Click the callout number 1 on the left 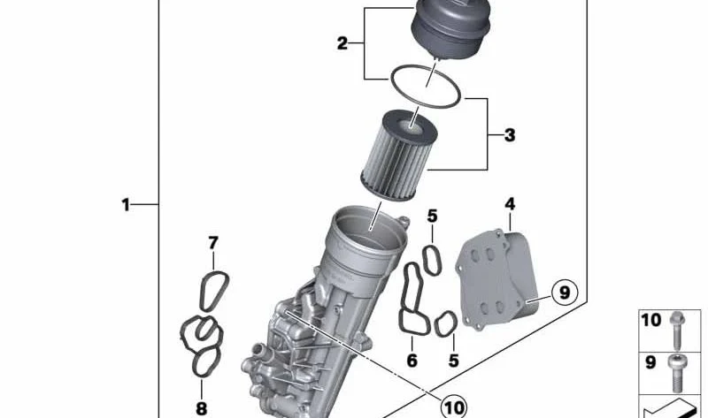coord(125,205)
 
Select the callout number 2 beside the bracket coord(342,43)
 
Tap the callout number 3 coord(510,135)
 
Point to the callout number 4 coord(510,204)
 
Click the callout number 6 coord(412,361)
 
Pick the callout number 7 coord(213,244)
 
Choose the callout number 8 coord(202,409)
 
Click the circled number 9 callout coord(565,293)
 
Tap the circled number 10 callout coord(454,407)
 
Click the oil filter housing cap coord(451,29)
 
